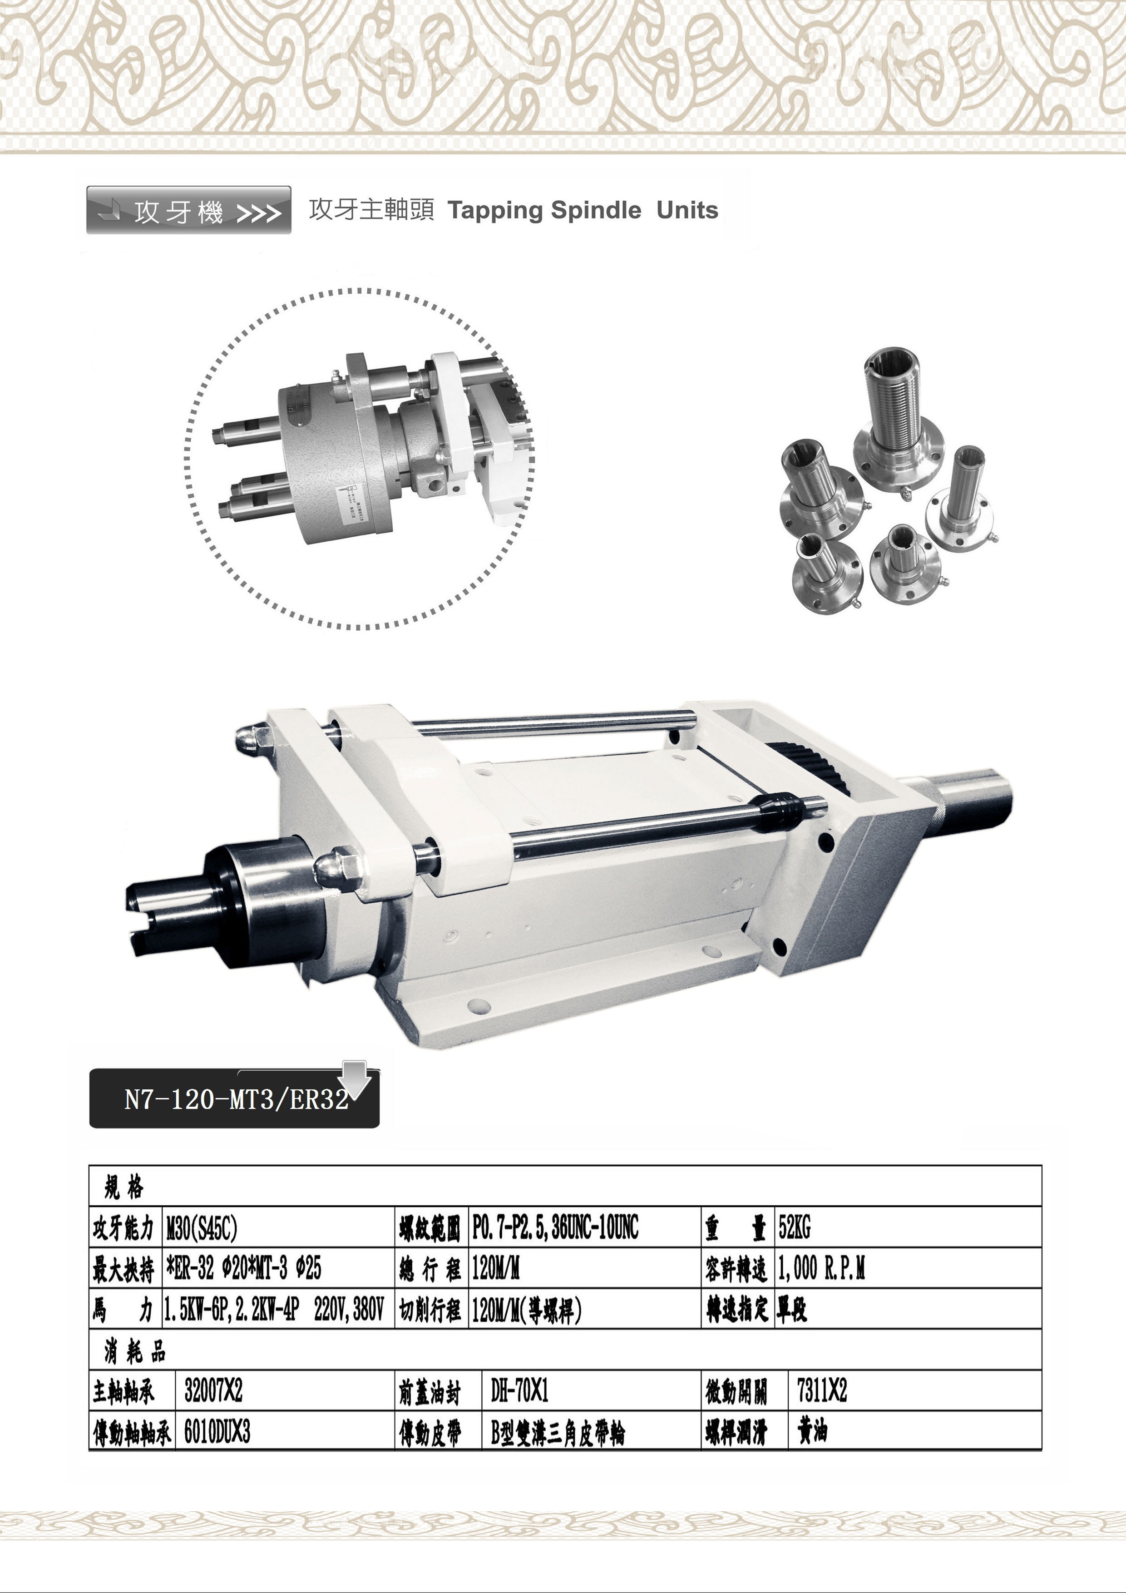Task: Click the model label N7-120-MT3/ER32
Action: [x=236, y=1100]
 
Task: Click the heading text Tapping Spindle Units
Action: [x=583, y=210]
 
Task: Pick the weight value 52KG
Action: [x=795, y=1229]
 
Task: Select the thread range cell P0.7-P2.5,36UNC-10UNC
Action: [x=555, y=1229]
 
